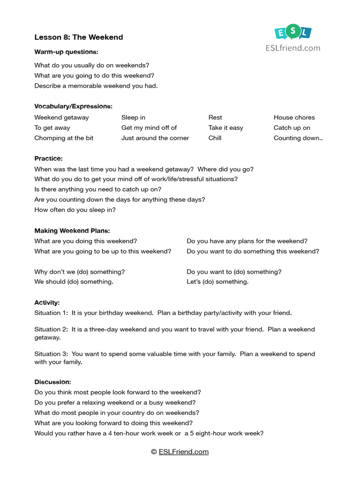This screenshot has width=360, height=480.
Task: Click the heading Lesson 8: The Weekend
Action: coord(78,37)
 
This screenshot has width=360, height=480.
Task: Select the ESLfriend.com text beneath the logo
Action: coord(292,47)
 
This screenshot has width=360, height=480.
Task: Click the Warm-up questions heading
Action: coord(66,52)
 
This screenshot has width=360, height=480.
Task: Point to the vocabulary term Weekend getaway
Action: coord(61,118)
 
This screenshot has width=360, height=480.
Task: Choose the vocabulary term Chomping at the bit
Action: coord(64,138)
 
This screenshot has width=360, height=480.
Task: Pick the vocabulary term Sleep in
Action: coord(133,118)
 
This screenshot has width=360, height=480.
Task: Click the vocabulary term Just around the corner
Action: coord(155,138)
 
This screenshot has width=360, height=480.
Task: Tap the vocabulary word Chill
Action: coord(215,138)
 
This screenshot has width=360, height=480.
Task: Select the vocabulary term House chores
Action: coord(294,118)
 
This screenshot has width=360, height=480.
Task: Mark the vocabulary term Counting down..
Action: coord(298,138)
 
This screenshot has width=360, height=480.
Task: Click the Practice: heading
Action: coord(48,159)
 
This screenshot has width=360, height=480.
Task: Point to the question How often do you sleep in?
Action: coord(75,210)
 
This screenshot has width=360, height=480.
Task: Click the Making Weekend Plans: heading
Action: coord(72,231)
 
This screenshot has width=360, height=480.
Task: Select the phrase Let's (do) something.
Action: coord(217,282)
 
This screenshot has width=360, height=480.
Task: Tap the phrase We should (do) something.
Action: coord(74,282)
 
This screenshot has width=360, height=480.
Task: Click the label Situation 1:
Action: coord(51,313)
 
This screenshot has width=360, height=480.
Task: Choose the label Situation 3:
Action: coord(51,354)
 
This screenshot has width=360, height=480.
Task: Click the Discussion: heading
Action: coord(52,382)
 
